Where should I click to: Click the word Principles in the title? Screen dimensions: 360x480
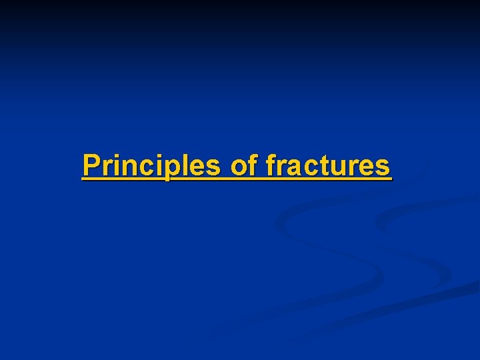tap(151, 165)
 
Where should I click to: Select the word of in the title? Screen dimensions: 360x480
tap(243, 165)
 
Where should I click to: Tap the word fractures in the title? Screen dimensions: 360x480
tap(327, 165)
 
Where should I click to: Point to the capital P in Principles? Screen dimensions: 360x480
tap(91, 165)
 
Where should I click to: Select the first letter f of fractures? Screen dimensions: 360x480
tap(270, 165)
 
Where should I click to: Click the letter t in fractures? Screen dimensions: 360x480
tap(321, 165)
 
